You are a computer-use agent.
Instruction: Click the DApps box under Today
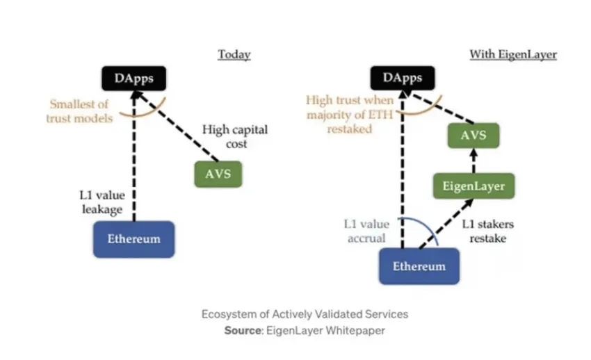[x=133, y=79]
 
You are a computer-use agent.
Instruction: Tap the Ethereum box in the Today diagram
[x=133, y=239]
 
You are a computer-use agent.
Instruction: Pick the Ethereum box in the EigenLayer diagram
[x=419, y=266]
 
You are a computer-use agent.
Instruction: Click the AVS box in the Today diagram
[x=218, y=174]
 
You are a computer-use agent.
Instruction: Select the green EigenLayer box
[x=473, y=186]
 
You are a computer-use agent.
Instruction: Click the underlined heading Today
[x=234, y=54]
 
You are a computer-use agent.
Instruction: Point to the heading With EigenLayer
[x=513, y=54]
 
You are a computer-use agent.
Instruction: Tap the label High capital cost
[x=234, y=138]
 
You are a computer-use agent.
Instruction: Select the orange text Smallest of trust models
[x=79, y=112]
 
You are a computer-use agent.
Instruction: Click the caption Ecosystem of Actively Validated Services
[x=305, y=314]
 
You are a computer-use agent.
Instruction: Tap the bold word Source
[x=241, y=331]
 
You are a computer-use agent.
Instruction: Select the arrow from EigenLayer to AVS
[x=473, y=161]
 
